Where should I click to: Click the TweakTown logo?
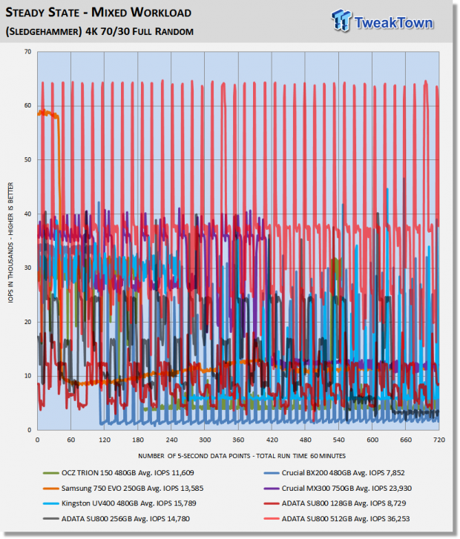[x=382, y=22]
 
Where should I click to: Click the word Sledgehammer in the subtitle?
[x=44, y=31]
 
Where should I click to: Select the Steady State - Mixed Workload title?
[x=99, y=13]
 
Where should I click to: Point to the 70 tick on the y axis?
[x=27, y=52]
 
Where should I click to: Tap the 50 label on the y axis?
[x=27, y=159]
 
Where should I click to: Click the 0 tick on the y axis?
[x=29, y=430]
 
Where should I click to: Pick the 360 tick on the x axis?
[x=238, y=440]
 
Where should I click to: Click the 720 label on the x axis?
[x=439, y=440]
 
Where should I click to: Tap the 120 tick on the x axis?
[x=105, y=440]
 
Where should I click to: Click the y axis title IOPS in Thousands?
[x=10, y=242]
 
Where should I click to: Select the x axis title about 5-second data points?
[x=242, y=456]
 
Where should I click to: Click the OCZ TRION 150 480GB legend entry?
[x=119, y=473]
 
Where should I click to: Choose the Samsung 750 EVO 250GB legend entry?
[x=123, y=488]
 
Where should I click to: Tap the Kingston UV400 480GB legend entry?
[x=119, y=503]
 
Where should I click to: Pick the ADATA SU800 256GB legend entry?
[x=116, y=519]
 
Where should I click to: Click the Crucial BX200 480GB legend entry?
[x=334, y=473]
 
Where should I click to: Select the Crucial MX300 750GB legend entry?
[x=338, y=488]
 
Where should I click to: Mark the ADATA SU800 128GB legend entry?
[x=335, y=503]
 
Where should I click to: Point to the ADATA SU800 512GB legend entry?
[x=337, y=519]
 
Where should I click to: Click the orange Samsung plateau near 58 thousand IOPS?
[x=48, y=113]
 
